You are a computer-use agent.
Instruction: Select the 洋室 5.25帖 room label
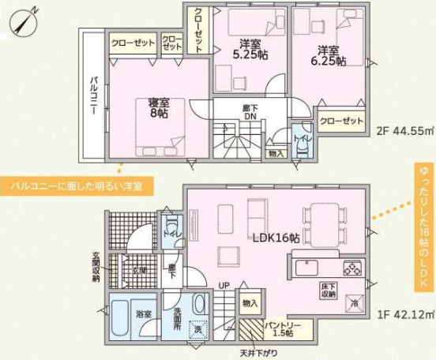click(250, 49)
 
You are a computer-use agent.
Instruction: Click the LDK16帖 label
click(276, 238)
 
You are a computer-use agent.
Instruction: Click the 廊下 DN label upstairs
click(250, 113)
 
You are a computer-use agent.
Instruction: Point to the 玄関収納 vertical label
click(96, 266)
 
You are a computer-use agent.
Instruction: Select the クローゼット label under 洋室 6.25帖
click(343, 121)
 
